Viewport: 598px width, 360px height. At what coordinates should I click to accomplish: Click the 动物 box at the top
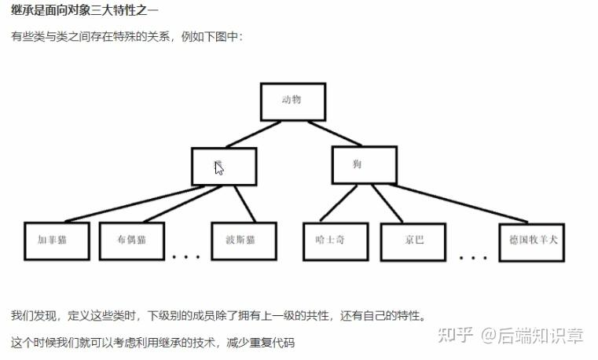(292, 101)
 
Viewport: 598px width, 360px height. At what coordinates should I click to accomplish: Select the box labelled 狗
(364, 165)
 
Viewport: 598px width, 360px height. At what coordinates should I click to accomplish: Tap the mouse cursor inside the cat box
(219, 167)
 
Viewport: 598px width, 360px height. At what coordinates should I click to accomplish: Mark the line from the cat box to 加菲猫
(126, 203)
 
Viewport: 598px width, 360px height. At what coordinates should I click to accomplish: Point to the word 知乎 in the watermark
(456, 336)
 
